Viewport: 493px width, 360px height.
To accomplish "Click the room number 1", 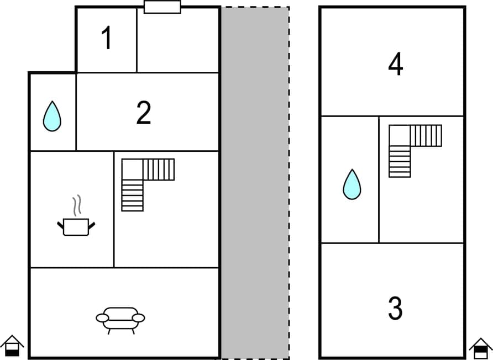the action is pyautogui.click(x=107, y=39).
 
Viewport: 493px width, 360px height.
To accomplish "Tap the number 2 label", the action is pyautogui.click(x=144, y=113).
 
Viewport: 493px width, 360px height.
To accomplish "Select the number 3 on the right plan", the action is pyautogui.click(x=395, y=309).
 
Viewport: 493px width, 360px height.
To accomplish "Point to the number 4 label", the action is pyautogui.click(x=396, y=65).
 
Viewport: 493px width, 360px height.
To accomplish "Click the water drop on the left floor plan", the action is pyautogui.click(x=52, y=117).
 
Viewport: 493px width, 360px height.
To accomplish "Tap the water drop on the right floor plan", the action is pyautogui.click(x=352, y=184).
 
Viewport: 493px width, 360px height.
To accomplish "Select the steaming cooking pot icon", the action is pyautogui.click(x=76, y=225).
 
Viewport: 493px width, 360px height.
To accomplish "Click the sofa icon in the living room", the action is pyautogui.click(x=120, y=320).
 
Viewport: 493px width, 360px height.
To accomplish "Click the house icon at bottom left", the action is pyautogui.click(x=12, y=347).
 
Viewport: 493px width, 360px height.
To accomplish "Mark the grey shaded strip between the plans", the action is pyautogui.click(x=255, y=182).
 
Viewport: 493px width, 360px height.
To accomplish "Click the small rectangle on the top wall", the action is pyautogui.click(x=162, y=7).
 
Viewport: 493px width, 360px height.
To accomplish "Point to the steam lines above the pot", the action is pyautogui.click(x=78, y=205).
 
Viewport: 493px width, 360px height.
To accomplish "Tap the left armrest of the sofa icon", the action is pyautogui.click(x=102, y=318).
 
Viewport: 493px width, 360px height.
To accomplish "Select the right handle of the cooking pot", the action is pyautogui.click(x=92, y=224).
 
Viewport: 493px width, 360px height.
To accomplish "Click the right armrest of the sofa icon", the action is pyautogui.click(x=139, y=318).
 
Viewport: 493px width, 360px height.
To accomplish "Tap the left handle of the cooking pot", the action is pyautogui.click(x=60, y=224).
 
